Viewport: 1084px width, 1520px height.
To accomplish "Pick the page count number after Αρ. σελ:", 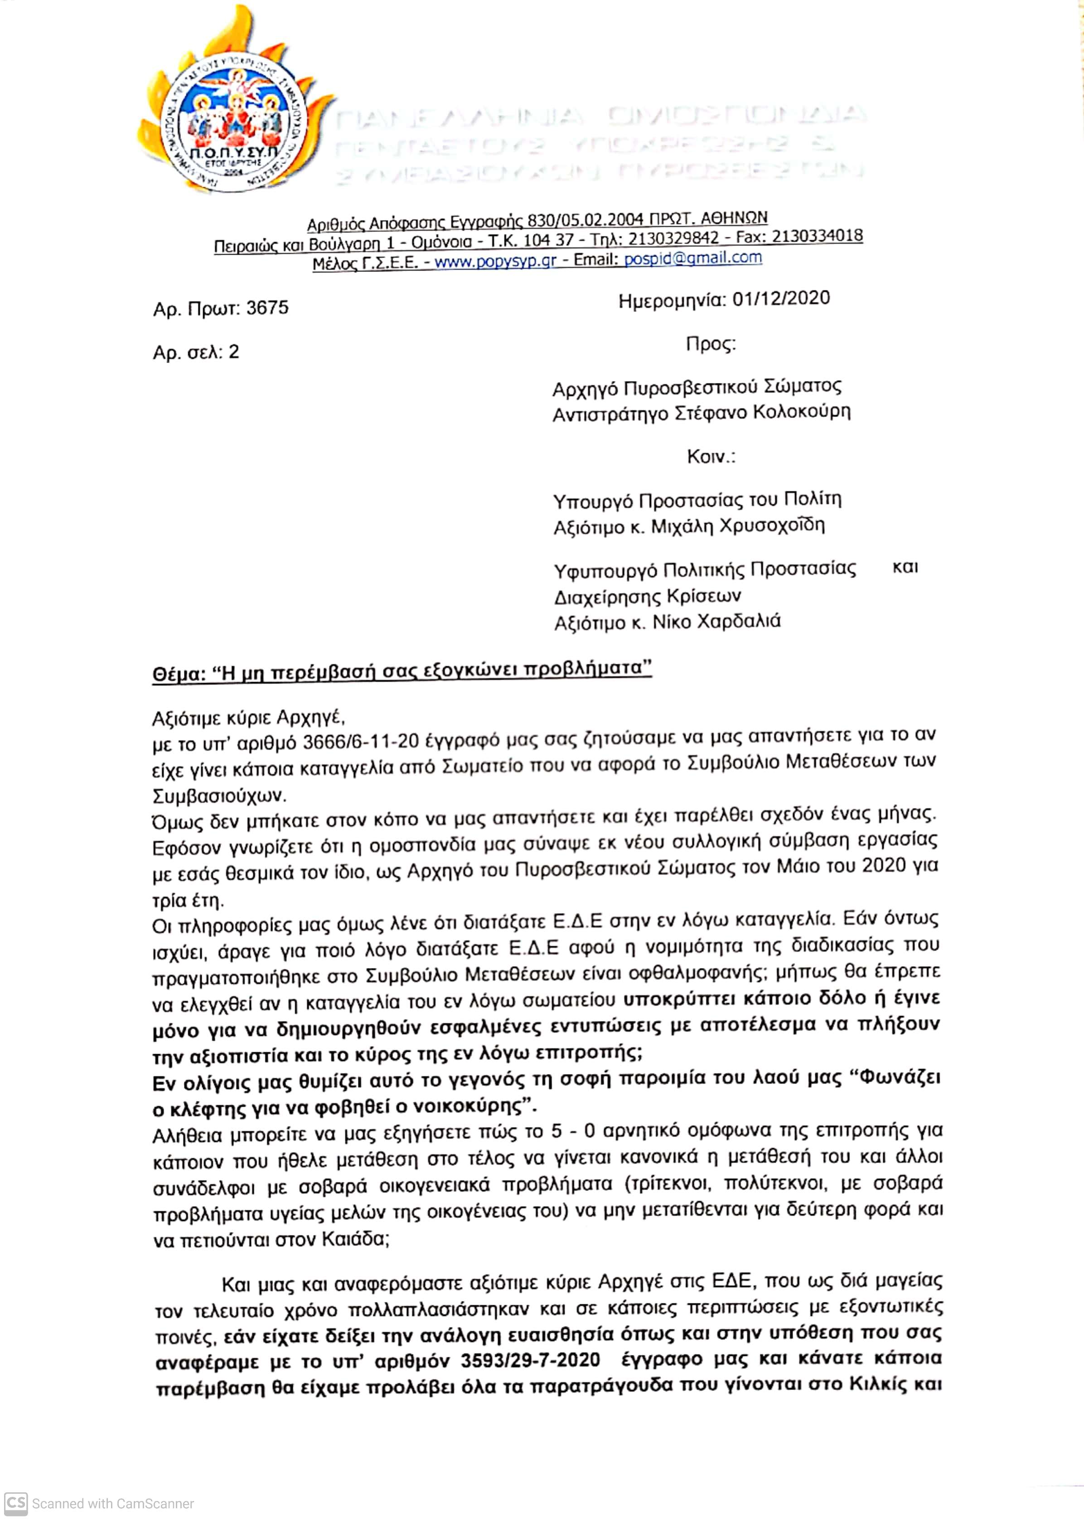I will pos(234,352).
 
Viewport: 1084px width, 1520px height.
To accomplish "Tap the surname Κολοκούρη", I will pos(802,412).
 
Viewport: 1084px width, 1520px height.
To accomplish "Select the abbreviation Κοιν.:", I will pos(711,457).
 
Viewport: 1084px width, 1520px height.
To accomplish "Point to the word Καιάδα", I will pos(354,1239).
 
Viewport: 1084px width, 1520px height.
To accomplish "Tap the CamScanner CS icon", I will pos(15,1503).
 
